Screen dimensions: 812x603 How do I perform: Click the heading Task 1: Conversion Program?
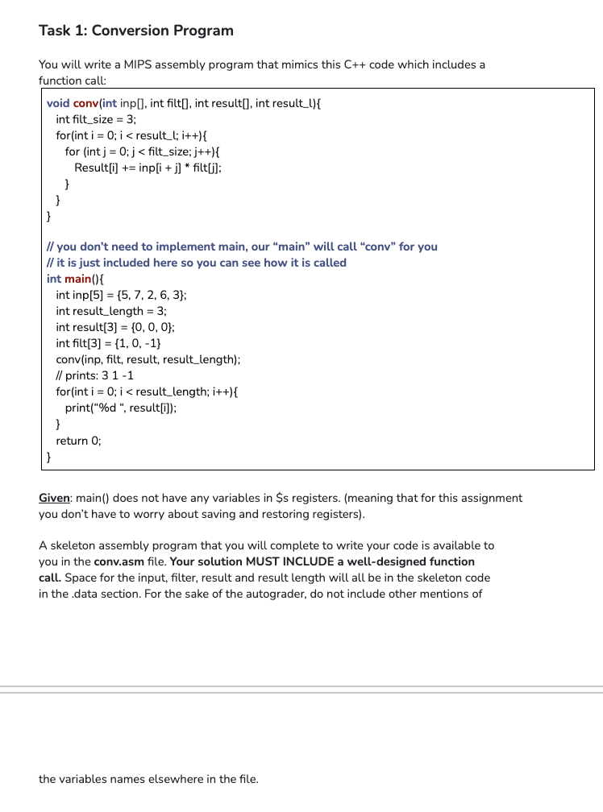click(136, 31)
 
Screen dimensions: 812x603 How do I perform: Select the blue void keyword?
click(58, 103)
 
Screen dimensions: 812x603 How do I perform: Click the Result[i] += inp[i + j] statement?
click(148, 168)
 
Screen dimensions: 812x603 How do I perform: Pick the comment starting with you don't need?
click(242, 246)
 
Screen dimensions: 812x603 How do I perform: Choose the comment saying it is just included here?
click(197, 263)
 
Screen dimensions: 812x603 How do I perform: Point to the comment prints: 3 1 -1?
click(95, 375)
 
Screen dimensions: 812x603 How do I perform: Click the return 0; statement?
click(79, 441)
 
